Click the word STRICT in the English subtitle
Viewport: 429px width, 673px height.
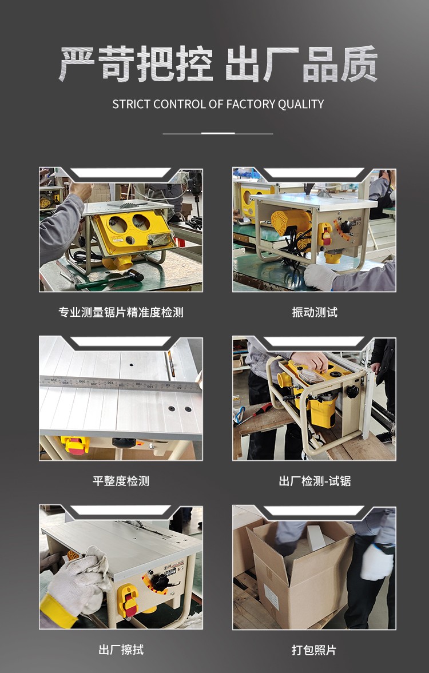[132, 104]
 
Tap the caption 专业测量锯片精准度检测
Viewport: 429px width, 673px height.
[121, 312]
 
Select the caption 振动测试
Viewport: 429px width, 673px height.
[314, 312]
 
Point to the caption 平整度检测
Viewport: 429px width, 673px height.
[121, 481]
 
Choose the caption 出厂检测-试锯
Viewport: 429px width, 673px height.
[314, 481]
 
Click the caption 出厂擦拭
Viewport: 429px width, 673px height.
[121, 650]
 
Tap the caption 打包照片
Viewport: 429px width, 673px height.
[314, 650]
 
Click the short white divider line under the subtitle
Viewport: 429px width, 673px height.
[218, 133]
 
